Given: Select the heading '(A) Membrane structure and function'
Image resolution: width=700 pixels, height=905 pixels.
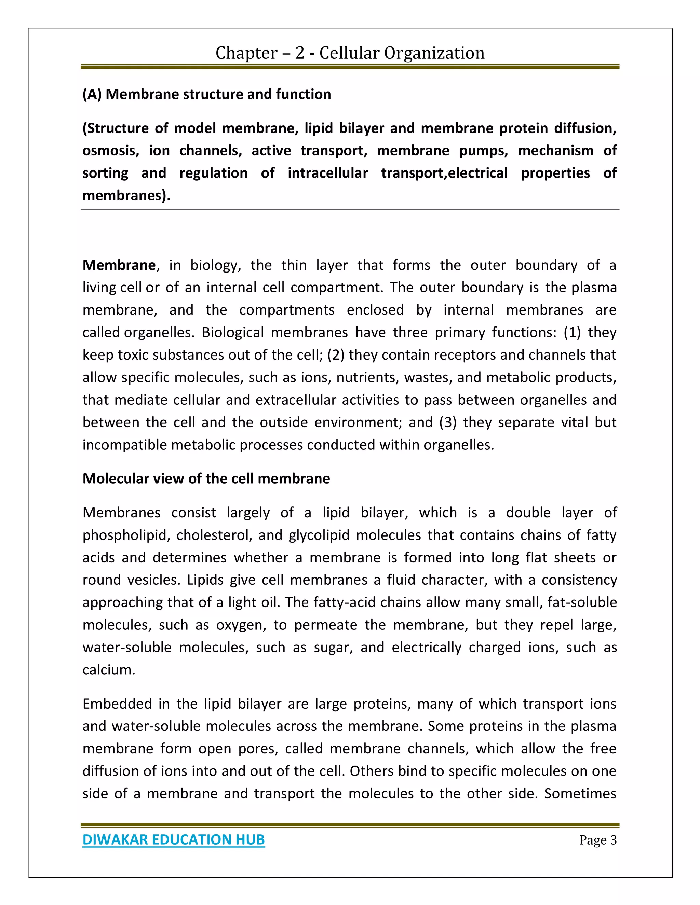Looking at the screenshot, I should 206,95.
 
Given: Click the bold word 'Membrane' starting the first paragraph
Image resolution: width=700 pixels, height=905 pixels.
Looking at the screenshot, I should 119,265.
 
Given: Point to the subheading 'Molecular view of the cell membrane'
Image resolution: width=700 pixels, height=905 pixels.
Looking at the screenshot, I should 206,478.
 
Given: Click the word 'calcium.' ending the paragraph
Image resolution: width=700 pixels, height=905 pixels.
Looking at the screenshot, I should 109,670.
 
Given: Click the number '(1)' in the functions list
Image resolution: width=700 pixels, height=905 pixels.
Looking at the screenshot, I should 572,333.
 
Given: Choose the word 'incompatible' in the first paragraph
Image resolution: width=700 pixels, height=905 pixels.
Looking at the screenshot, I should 125,445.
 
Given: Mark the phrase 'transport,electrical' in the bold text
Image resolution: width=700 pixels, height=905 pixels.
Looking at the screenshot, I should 444,173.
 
